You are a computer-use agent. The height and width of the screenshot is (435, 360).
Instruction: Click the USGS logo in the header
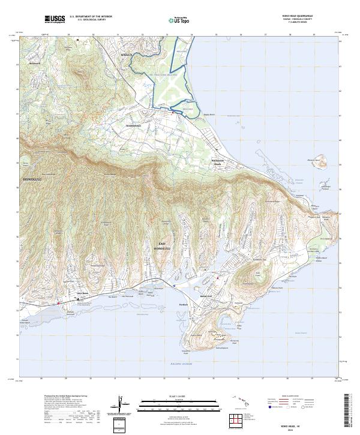pyautogui.click(x=55, y=19)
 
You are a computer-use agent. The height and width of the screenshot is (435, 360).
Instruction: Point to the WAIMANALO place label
pyautogui.click(x=133, y=126)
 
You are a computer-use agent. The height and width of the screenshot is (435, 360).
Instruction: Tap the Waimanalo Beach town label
pyautogui.click(x=220, y=162)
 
